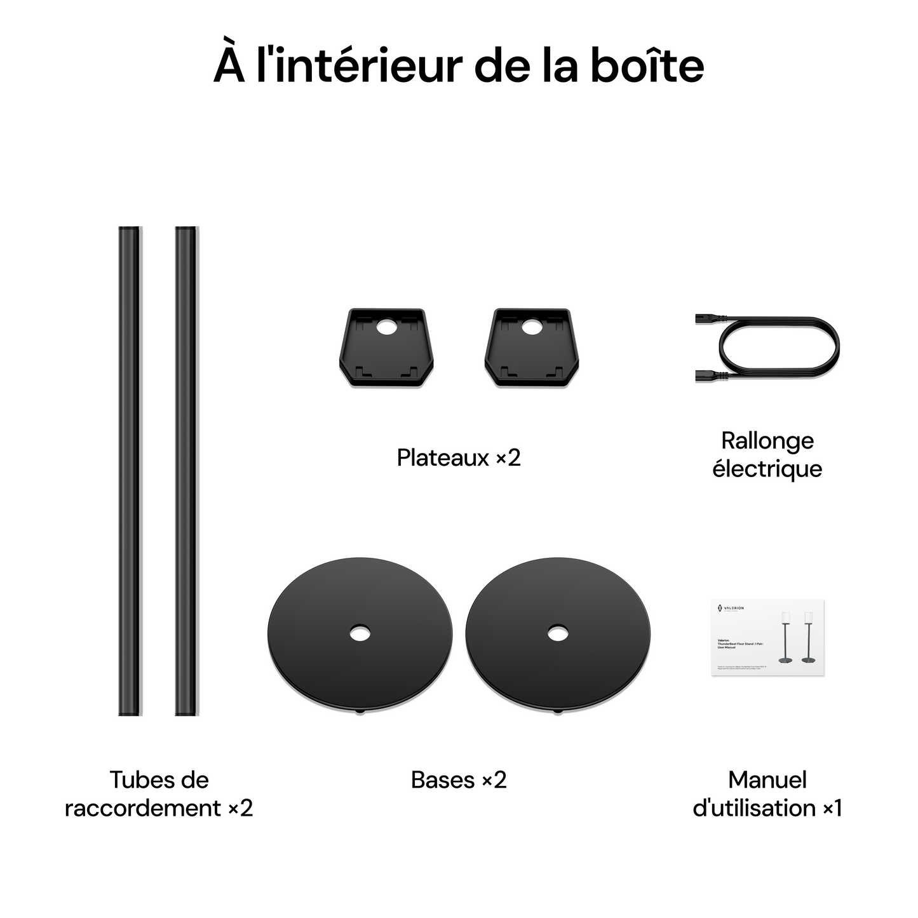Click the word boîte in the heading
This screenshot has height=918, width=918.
647,65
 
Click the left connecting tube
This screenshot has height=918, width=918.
130,470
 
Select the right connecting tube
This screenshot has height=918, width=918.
186,470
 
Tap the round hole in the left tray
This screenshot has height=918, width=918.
385,327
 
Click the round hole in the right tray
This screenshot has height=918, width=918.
530,327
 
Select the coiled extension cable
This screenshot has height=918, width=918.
779,348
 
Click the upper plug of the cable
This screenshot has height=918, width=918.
705,320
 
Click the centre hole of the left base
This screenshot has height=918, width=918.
360,633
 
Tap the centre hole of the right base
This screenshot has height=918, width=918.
558,633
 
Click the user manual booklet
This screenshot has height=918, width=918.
767,637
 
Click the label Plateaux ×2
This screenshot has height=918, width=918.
459,457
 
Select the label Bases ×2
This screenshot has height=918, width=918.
459,780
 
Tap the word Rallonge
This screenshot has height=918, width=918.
767,440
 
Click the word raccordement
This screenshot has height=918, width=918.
143,808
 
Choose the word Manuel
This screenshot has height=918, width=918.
767,780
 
